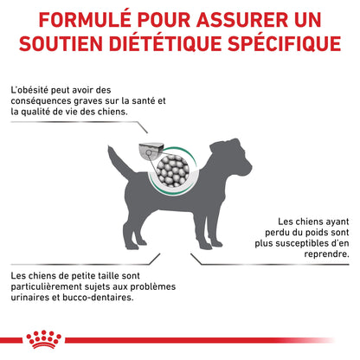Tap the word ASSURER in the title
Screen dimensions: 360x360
pyautogui.click(x=242, y=20)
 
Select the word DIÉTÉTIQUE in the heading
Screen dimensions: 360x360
pyautogui.click(x=166, y=43)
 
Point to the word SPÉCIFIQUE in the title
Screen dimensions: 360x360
pyautogui.click(x=285, y=43)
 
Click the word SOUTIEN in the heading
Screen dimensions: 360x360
pyautogui.click(x=61, y=44)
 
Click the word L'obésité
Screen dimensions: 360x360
pyautogui.click(x=29, y=90)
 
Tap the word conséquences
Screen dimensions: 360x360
pyautogui.click(x=41, y=101)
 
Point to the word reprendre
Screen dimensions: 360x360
pyautogui.click(x=326, y=254)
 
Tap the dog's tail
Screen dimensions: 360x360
pyautogui.click(x=119, y=162)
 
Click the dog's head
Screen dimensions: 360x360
pyautogui.click(x=230, y=157)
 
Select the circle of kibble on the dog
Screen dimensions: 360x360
pyautogui.click(x=173, y=170)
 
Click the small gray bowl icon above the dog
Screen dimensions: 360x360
pyautogui.click(x=151, y=151)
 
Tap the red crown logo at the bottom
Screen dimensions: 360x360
pyautogui.click(x=43, y=339)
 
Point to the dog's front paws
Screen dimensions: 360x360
pyautogui.click(x=210, y=245)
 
